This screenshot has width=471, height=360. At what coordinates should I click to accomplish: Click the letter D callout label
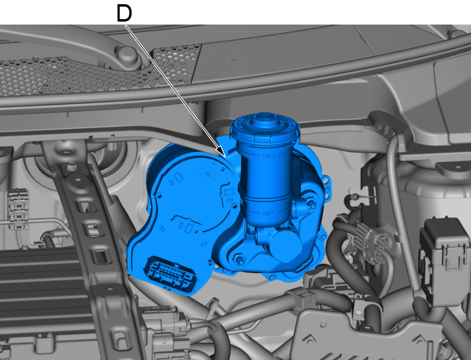pyautogui.click(x=125, y=14)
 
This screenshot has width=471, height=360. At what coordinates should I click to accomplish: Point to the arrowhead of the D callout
pyautogui.click(x=222, y=152)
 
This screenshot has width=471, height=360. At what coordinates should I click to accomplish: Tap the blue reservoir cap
pyautogui.click(x=265, y=128)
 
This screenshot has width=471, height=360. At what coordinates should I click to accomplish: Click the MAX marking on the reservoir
pyautogui.click(x=269, y=156)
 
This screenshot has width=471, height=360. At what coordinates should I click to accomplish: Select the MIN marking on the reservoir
pyautogui.click(x=268, y=213)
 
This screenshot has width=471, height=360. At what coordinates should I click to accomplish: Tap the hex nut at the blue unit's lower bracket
pyautogui.click(x=240, y=260)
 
